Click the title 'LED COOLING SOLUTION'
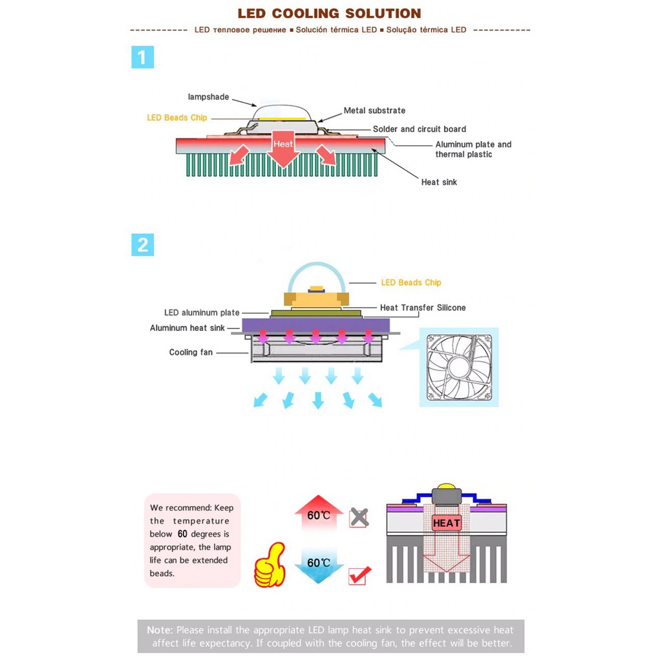coord(329,13)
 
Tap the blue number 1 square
coord(143,57)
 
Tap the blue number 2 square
coord(143,245)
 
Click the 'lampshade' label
coord(209,97)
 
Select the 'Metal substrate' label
coord(374,111)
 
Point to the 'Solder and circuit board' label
coord(420,129)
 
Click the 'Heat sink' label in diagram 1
coord(439,182)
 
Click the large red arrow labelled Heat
coord(283,149)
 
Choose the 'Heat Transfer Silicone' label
coord(423,308)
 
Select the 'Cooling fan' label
coord(191,352)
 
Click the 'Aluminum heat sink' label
coord(187,328)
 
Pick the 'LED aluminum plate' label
coord(202,313)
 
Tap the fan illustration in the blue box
coord(459,367)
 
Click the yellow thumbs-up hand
coord(270,565)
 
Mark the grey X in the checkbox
coord(359,517)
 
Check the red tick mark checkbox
coord(359,575)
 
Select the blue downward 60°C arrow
coord(319,566)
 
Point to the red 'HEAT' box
coord(446,523)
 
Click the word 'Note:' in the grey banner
coord(160,630)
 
